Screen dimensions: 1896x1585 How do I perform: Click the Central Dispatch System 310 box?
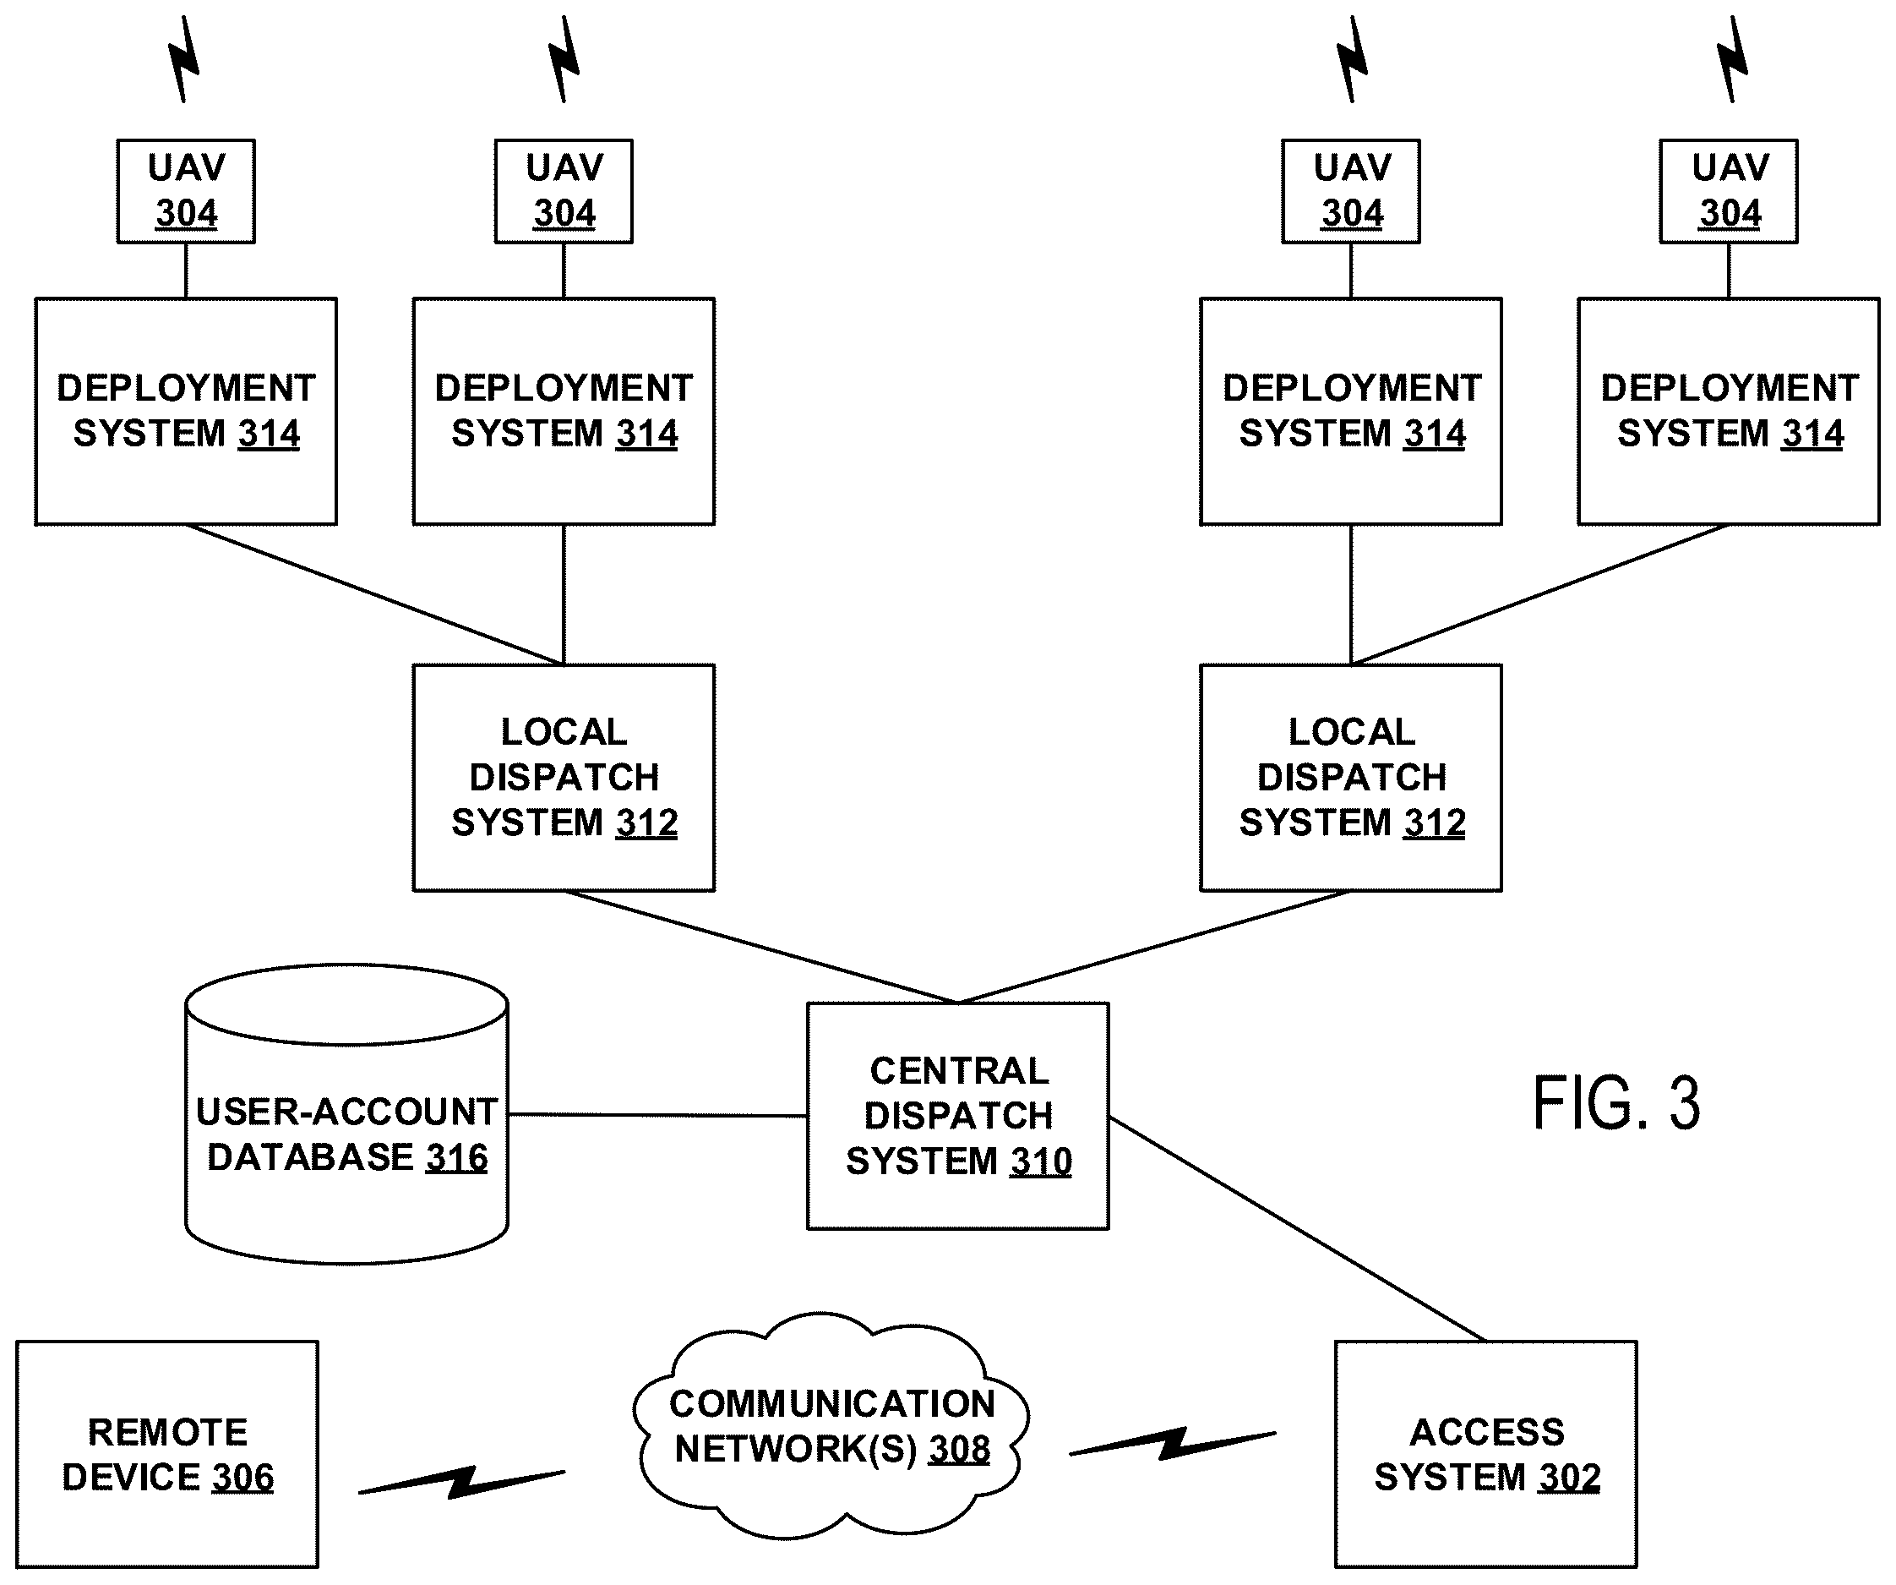958,1115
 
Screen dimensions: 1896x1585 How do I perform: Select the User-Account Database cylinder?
346,1113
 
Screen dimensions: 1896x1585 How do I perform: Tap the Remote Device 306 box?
167,1454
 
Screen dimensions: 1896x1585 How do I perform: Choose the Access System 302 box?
1486,1454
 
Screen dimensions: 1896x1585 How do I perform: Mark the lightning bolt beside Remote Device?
461,1482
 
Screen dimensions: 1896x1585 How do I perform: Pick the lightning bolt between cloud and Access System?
1173,1443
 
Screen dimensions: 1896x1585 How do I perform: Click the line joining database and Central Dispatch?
658,1115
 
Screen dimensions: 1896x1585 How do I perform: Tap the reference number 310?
1041,1161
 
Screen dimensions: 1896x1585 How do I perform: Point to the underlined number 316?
457,1158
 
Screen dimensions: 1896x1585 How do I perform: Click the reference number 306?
242,1478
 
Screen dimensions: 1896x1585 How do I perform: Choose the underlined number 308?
960,1450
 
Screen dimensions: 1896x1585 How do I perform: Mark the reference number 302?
1570,1478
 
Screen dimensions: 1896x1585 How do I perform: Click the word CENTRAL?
959,1071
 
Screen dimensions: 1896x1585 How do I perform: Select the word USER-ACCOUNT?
346,1112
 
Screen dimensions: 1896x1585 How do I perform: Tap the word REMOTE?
168,1432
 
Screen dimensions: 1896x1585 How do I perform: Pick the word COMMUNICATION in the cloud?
831,1404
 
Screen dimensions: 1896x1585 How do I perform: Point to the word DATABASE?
311,1158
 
